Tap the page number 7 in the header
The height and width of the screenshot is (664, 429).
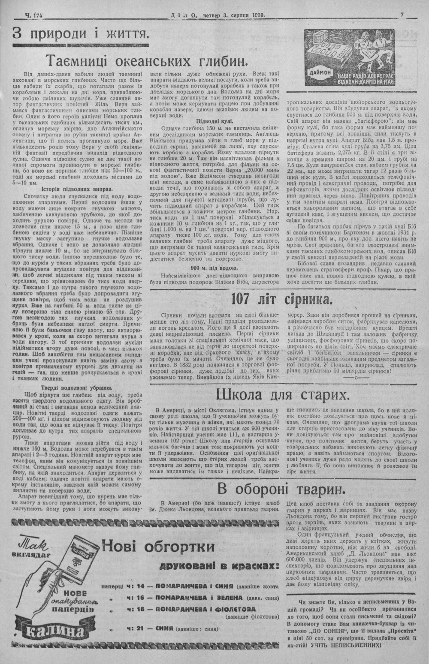pos(402,14)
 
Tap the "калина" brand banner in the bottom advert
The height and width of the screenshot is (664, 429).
pos(54,631)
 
